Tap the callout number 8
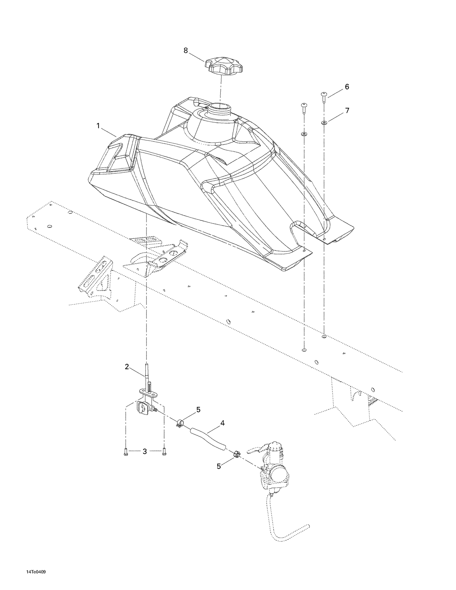tap(186, 51)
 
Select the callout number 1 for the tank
tap(98, 126)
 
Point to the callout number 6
tap(347, 87)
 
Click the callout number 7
tap(347, 111)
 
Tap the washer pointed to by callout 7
tap(324, 123)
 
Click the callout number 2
tap(127, 367)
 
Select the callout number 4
tap(223, 423)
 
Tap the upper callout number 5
tap(199, 410)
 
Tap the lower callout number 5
tap(219, 466)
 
